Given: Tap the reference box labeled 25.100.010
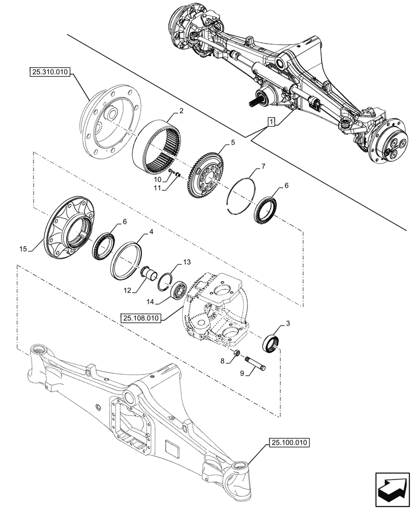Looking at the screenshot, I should [x=286, y=443].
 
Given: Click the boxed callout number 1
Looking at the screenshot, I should [x=272, y=122].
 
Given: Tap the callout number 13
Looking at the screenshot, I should [x=187, y=262].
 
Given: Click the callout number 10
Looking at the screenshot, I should [x=158, y=180].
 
